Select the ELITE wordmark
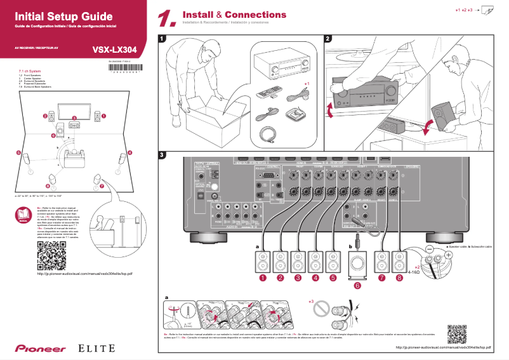pos(96,348)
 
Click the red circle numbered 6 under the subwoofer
pos(357,286)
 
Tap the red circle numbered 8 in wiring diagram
pos(399,277)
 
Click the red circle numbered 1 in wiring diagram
pos(261,277)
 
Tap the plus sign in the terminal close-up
pos(449,254)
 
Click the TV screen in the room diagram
pos(73,109)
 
